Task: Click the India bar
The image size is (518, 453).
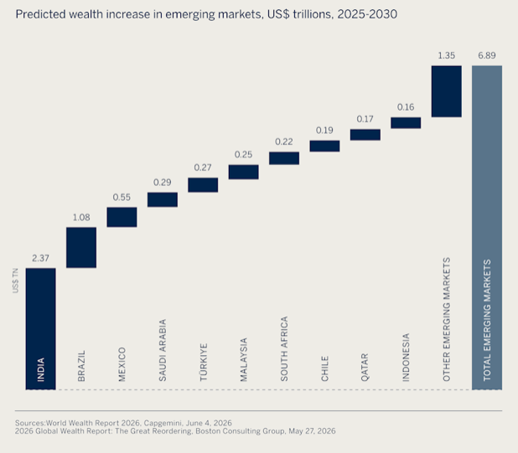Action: (x=40, y=328)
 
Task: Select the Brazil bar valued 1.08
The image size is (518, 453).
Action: (x=81, y=248)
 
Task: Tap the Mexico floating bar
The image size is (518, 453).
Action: (x=122, y=217)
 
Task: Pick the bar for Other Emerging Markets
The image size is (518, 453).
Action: (x=446, y=91)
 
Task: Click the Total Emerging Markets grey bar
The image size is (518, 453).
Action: (x=487, y=228)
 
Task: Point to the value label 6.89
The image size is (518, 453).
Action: (x=487, y=55)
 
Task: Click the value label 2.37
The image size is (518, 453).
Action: (x=40, y=258)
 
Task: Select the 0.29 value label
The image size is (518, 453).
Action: (x=163, y=183)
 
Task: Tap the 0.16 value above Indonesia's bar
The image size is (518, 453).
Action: (x=406, y=107)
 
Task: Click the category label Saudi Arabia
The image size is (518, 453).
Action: (x=163, y=350)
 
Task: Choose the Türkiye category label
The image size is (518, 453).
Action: (x=203, y=363)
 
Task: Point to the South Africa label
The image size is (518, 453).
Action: (x=284, y=348)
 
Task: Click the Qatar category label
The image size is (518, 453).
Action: (x=365, y=368)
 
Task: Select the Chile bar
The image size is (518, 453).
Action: (x=324, y=147)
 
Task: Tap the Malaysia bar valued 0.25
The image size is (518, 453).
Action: (x=243, y=172)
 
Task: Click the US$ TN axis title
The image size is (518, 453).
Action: (x=15, y=281)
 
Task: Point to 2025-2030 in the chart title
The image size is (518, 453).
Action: (x=367, y=14)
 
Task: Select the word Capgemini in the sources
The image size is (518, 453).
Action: (x=163, y=424)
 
